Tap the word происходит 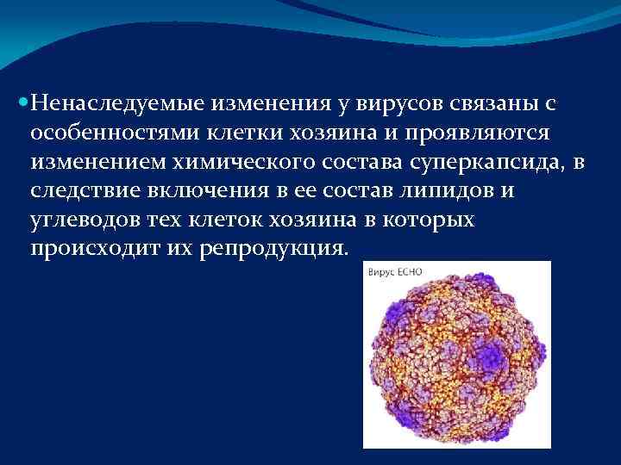[x=91, y=248]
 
